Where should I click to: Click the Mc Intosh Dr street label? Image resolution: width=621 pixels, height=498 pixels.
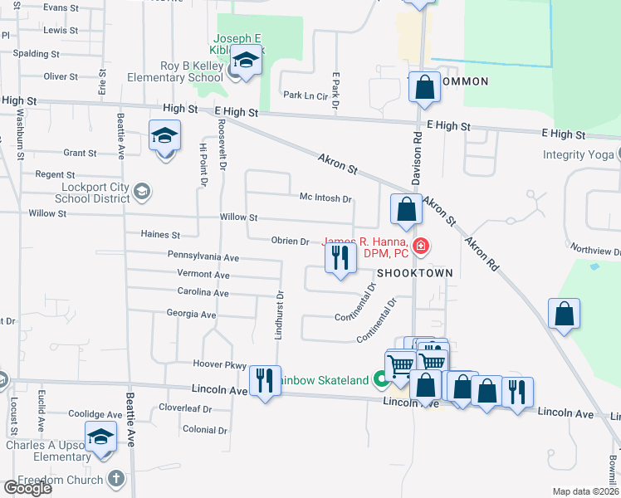pyautogui.click(x=325, y=199)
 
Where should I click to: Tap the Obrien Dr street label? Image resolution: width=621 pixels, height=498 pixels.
pyautogui.click(x=290, y=241)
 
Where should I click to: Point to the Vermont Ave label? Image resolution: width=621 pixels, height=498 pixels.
pyautogui.click(x=203, y=274)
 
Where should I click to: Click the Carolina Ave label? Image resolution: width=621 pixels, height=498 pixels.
pyautogui.click(x=203, y=293)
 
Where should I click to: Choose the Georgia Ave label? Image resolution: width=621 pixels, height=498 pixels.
pyautogui.click(x=191, y=315)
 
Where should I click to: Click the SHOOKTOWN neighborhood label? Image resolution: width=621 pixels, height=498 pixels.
pyautogui.click(x=415, y=273)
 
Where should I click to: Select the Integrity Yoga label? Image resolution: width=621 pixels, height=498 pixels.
pyautogui.click(x=578, y=154)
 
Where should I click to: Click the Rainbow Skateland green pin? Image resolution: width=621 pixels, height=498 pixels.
pyautogui.click(x=381, y=380)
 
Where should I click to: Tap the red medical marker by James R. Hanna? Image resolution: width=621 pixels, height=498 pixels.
pyautogui.click(x=421, y=246)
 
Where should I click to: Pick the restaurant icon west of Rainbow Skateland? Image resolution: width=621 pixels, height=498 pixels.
pyautogui.click(x=265, y=381)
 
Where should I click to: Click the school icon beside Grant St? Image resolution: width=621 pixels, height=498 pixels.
pyautogui.click(x=164, y=135)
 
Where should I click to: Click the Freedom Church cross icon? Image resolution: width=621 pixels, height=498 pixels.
pyautogui.click(x=115, y=479)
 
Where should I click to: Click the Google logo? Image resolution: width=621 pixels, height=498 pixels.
pyautogui.click(x=27, y=488)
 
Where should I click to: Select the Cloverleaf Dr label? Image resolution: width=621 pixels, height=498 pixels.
pyautogui.click(x=186, y=408)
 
